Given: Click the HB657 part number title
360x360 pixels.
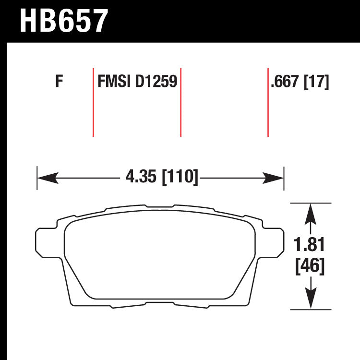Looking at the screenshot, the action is (64, 21).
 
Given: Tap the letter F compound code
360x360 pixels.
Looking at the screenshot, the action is (59, 81).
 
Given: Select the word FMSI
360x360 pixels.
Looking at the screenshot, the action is (114, 81).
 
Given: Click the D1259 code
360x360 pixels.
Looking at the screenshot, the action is (156, 81).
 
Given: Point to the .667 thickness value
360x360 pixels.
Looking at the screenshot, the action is (285, 81).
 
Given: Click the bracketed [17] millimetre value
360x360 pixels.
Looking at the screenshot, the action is (316, 82).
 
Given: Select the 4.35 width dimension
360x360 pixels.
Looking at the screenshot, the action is (141, 176).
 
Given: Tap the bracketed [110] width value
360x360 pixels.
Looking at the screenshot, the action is (180, 177).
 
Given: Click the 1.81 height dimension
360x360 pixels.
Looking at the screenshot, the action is (309, 245).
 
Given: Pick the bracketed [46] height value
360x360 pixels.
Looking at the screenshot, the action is (310, 266).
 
